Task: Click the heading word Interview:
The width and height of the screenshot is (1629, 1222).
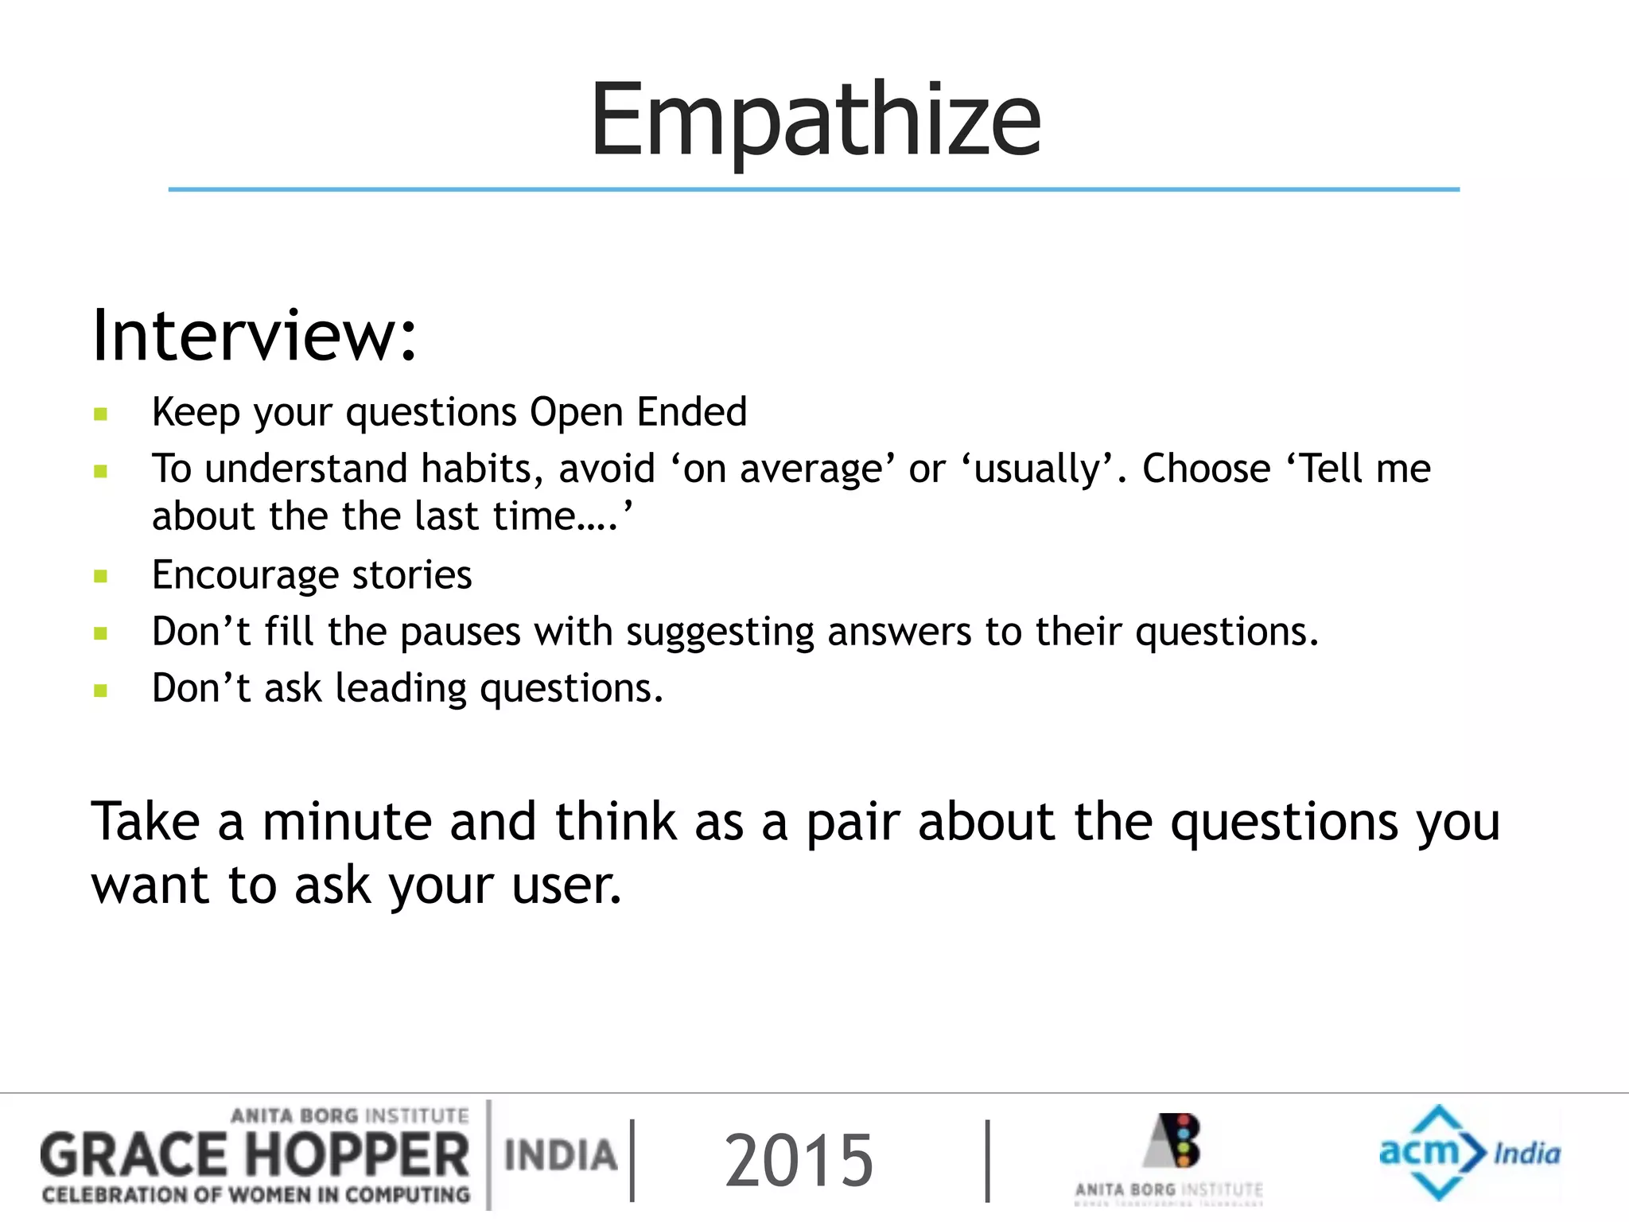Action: (x=254, y=336)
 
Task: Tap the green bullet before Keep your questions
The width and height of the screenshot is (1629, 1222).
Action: (x=100, y=414)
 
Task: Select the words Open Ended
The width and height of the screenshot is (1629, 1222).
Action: (x=638, y=412)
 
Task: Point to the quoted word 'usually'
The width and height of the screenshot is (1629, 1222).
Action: (x=1039, y=469)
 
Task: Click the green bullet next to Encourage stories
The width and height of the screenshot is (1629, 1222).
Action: (x=100, y=576)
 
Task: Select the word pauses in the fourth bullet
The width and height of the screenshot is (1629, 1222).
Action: (x=460, y=632)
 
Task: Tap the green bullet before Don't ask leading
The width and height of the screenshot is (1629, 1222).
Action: (x=100, y=690)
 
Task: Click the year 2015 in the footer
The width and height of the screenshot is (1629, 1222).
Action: (x=799, y=1160)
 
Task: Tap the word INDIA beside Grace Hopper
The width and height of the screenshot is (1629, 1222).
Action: (x=561, y=1156)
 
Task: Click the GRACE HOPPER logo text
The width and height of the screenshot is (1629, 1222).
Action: (x=255, y=1156)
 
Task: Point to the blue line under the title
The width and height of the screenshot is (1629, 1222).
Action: (x=814, y=189)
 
